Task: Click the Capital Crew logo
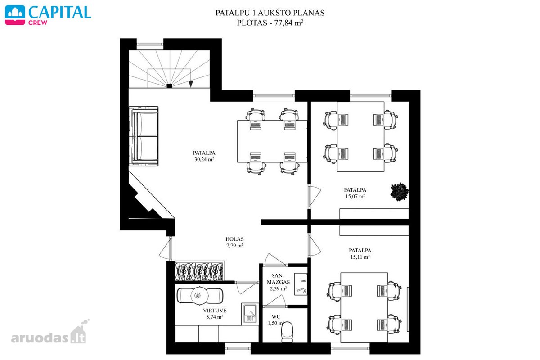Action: tap(48, 15)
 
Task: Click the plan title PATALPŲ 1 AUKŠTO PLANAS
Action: tap(270, 13)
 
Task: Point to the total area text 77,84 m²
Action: tap(288, 22)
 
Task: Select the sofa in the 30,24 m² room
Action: tap(144, 136)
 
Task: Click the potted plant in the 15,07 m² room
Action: tap(400, 192)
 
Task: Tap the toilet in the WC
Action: tap(287, 332)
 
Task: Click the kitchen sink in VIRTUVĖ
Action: tap(250, 314)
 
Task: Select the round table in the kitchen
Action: tap(199, 295)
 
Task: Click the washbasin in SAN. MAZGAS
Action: tap(301, 284)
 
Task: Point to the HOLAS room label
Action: tap(234, 239)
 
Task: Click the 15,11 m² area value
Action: tap(360, 257)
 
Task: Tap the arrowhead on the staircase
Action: tap(191, 84)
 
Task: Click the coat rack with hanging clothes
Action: tap(200, 271)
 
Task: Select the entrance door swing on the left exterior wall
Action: tap(166, 248)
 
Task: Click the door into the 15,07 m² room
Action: tap(314, 196)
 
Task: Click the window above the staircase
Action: tap(150, 45)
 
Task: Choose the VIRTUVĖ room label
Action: tap(215, 310)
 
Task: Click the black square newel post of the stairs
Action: tap(170, 86)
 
